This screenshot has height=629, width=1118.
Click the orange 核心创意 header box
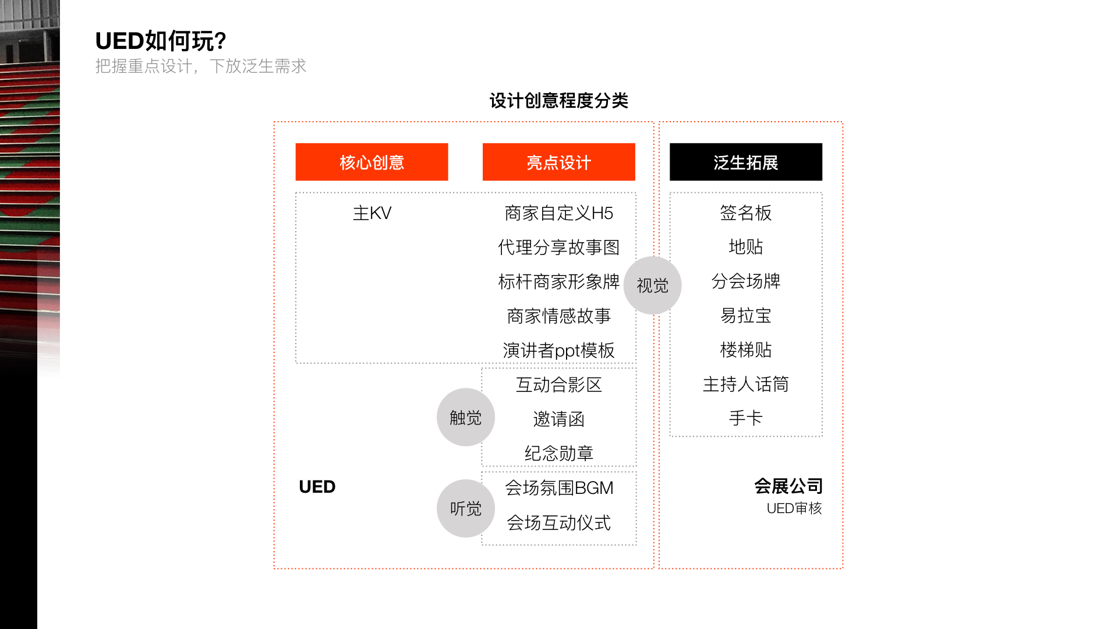click(x=372, y=162)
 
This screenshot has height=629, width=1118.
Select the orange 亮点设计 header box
click(x=558, y=162)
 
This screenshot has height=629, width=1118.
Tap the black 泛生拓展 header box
click(x=745, y=162)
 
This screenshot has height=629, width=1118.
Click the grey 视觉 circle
click(x=652, y=285)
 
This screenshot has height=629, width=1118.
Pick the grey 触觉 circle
click(x=465, y=417)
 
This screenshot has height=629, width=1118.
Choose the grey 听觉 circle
click(x=465, y=508)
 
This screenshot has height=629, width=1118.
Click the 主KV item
click(x=372, y=213)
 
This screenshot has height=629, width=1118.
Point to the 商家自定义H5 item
click(x=558, y=213)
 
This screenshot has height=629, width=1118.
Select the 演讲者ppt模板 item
click(x=558, y=350)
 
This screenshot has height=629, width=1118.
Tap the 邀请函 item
click(x=558, y=419)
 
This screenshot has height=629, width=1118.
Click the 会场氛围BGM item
click(x=558, y=487)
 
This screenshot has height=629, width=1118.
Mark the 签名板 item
click(x=745, y=213)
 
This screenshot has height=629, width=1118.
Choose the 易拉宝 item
click(x=745, y=316)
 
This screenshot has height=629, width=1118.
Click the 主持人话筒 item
click(x=745, y=384)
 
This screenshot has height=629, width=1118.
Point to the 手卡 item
click(x=745, y=418)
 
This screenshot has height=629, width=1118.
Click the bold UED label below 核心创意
click(x=317, y=486)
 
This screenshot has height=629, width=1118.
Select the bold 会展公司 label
click(x=788, y=486)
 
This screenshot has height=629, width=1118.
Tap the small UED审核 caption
click(x=794, y=508)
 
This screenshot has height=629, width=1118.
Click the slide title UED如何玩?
click(x=160, y=41)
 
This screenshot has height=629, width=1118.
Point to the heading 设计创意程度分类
click(x=558, y=101)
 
